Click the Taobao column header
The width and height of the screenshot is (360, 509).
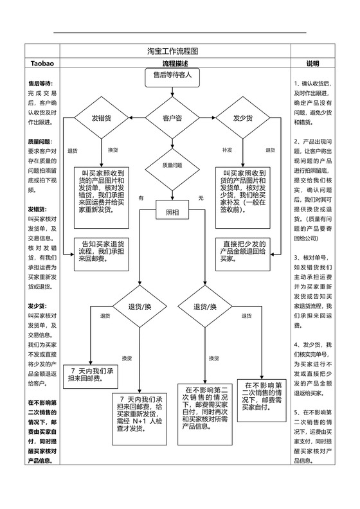[x=42, y=64]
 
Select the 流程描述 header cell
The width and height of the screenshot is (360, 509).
[x=175, y=64]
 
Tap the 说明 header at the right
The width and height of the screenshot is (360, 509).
[x=312, y=64]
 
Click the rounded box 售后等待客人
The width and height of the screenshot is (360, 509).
[x=172, y=76]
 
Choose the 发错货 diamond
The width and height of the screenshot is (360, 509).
[x=102, y=118]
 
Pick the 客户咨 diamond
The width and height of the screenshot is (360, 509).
[x=172, y=118]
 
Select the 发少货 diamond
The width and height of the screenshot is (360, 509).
[x=242, y=118]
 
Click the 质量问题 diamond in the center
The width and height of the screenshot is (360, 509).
[x=172, y=165]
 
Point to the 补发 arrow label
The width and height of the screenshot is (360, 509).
[x=227, y=150]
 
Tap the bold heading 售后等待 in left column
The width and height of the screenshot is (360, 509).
[x=40, y=84]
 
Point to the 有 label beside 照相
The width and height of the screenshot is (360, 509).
[x=141, y=198]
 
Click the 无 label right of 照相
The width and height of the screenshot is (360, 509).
[x=201, y=197]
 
